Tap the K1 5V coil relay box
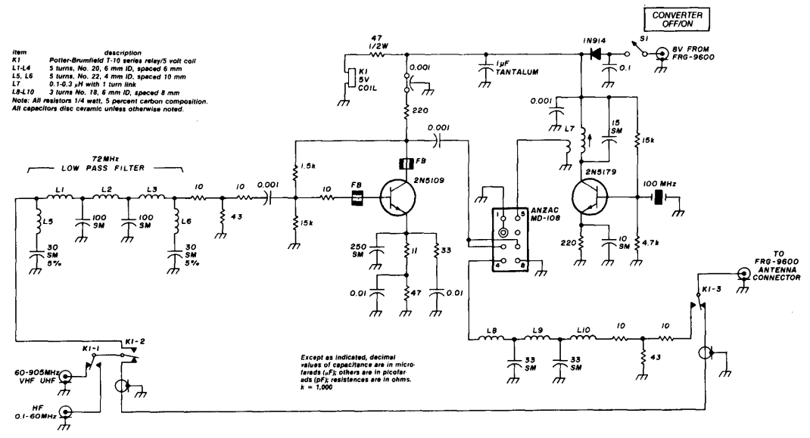pos(350,79)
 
